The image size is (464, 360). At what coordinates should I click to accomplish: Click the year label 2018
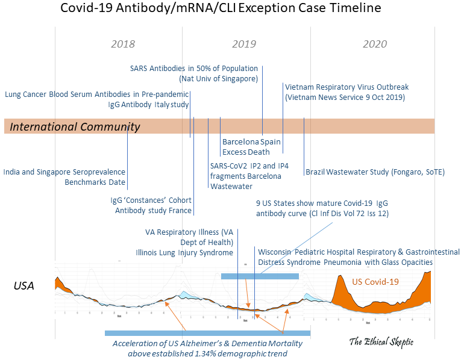[x=124, y=45]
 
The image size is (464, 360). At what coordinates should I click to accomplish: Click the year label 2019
[x=244, y=45]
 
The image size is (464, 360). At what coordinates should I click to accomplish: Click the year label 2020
[x=375, y=45]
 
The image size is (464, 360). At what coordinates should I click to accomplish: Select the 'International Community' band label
[x=75, y=126]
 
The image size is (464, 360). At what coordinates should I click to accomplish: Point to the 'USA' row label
[x=24, y=286]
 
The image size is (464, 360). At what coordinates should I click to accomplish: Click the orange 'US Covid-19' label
[x=376, y=281]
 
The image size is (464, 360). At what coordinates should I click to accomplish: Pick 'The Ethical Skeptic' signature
[x=381, y=341]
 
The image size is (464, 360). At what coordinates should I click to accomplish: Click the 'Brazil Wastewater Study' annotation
[x=375, y=172]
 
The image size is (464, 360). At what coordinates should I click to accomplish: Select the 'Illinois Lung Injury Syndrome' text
[x=184, y=253]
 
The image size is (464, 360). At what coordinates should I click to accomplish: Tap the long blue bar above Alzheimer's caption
[x=207, y=333]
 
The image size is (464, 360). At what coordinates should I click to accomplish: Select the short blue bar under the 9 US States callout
[x=260, y=276]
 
